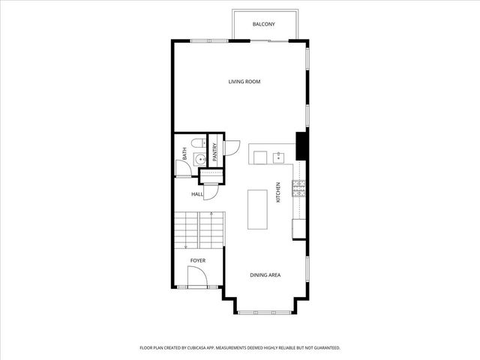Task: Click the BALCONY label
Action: coord(263,24)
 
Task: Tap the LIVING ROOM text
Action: coord(244,82)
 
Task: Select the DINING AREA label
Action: coord(265,275)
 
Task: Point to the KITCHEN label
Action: coord(278,192)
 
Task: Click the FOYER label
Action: coord(198,261)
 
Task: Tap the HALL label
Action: coord(197,194)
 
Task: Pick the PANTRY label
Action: coord(214,152)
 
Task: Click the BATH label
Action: coord(184,153)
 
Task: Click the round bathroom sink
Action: coord(200,159)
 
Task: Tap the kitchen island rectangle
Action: coord(257,209)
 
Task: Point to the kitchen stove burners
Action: coord(298,188)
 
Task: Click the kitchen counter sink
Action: coord(278,158)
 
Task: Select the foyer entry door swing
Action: coord(198,276)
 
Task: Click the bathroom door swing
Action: coord(183,168)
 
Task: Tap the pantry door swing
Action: coord(232,148)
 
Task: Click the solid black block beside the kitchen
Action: coord(301,146)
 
